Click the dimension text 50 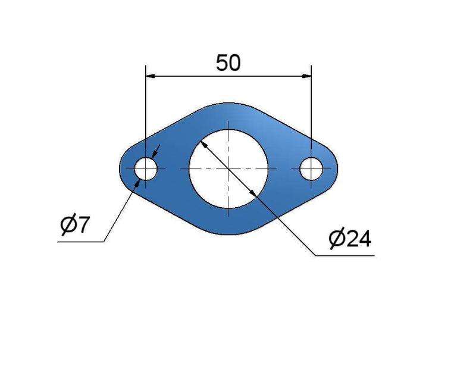click(228, 63)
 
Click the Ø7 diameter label click(75, 226)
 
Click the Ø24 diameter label click(350, 239)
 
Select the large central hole click(228, 169)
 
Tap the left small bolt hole click(146, 168)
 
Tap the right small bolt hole click(311, 168)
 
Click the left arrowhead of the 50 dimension click(151, 76)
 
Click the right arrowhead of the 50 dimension click(306, 76)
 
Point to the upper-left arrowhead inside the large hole click(204, 145)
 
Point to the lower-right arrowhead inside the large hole click(253, 193)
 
